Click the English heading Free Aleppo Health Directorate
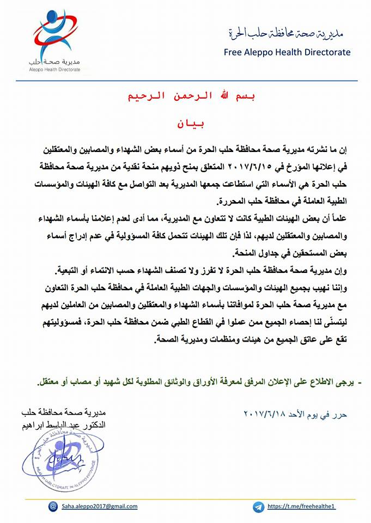[x=287, y=52]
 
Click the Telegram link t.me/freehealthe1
[x=301, y=506]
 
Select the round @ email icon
[x=52, y=506]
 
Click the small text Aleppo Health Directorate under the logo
[x=54, y=70]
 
